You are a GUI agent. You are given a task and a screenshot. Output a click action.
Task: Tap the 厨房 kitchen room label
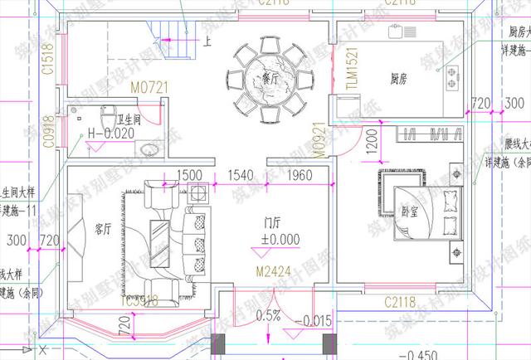(x=397, y=79)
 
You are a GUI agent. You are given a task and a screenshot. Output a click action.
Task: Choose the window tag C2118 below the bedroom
(x=399, y=302)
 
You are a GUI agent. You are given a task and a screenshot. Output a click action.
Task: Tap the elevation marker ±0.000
(x=279, y=241)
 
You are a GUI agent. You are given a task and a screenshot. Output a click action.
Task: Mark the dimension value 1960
(x=299, y=175)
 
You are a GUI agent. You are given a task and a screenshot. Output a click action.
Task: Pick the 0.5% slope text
(x=268, y=316)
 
